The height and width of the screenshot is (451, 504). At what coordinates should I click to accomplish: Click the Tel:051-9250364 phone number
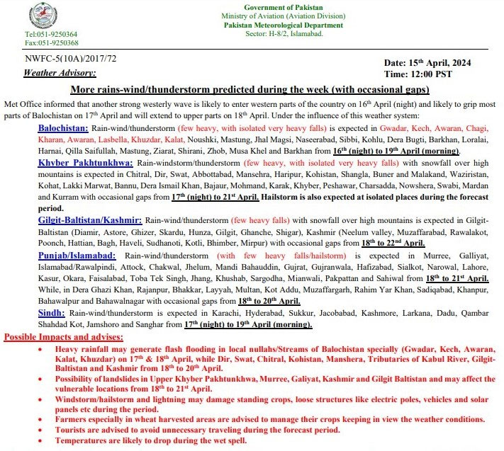pos(52,34)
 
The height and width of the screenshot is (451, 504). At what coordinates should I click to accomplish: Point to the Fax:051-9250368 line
pos(52,42)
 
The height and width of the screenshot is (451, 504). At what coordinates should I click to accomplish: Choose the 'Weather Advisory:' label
pos(60,73)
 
